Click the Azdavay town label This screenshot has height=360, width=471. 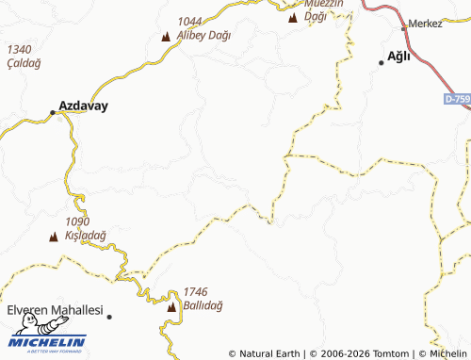[83, 106]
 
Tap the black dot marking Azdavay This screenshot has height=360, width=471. [53, 113]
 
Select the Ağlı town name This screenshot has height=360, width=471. [399, 56]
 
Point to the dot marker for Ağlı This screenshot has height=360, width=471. [382, 62]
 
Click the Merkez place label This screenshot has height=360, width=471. [426, 24]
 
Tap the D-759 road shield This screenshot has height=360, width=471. [456, 98]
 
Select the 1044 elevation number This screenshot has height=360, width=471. [189, 21]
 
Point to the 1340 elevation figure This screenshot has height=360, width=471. [18, 49]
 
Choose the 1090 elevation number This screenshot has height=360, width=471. [78, 221]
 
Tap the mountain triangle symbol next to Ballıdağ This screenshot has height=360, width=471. [171, 308]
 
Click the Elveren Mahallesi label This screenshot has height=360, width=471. [54, 310]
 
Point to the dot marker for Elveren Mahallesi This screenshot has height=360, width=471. [109, 317]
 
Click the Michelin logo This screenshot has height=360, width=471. [48, 343]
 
